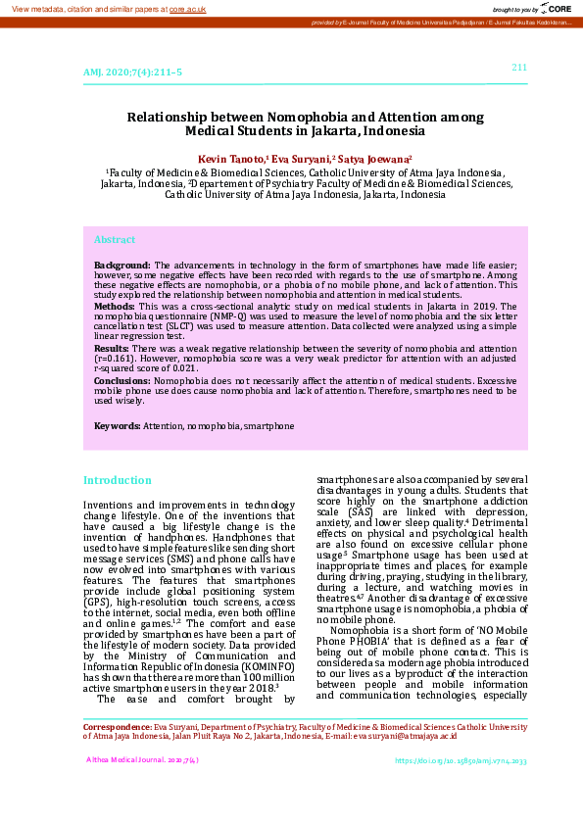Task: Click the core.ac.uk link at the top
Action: click(187, 8)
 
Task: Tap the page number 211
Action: click(519, 67)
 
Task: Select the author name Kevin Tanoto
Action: click(231, 158)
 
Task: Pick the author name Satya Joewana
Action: click(374, 158)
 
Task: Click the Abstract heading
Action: click(115, 239)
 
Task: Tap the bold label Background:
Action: click(122, 266)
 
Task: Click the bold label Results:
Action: click(112, 348)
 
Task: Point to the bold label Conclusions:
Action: click(122, 379)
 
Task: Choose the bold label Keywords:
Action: click(118, 426)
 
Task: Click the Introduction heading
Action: click(118, 480)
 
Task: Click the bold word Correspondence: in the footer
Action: click(116, 728)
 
